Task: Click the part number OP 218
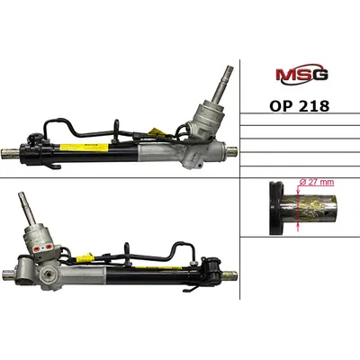[300, 106]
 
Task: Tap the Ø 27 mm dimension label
[317, 183]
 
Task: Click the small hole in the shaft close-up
[328, 214]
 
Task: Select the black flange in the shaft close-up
[276, 208]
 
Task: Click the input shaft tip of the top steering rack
[229, 67]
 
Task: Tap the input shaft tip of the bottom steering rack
[22, 194]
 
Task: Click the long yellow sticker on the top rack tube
[84, 148]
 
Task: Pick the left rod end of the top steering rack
[11, 154]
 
